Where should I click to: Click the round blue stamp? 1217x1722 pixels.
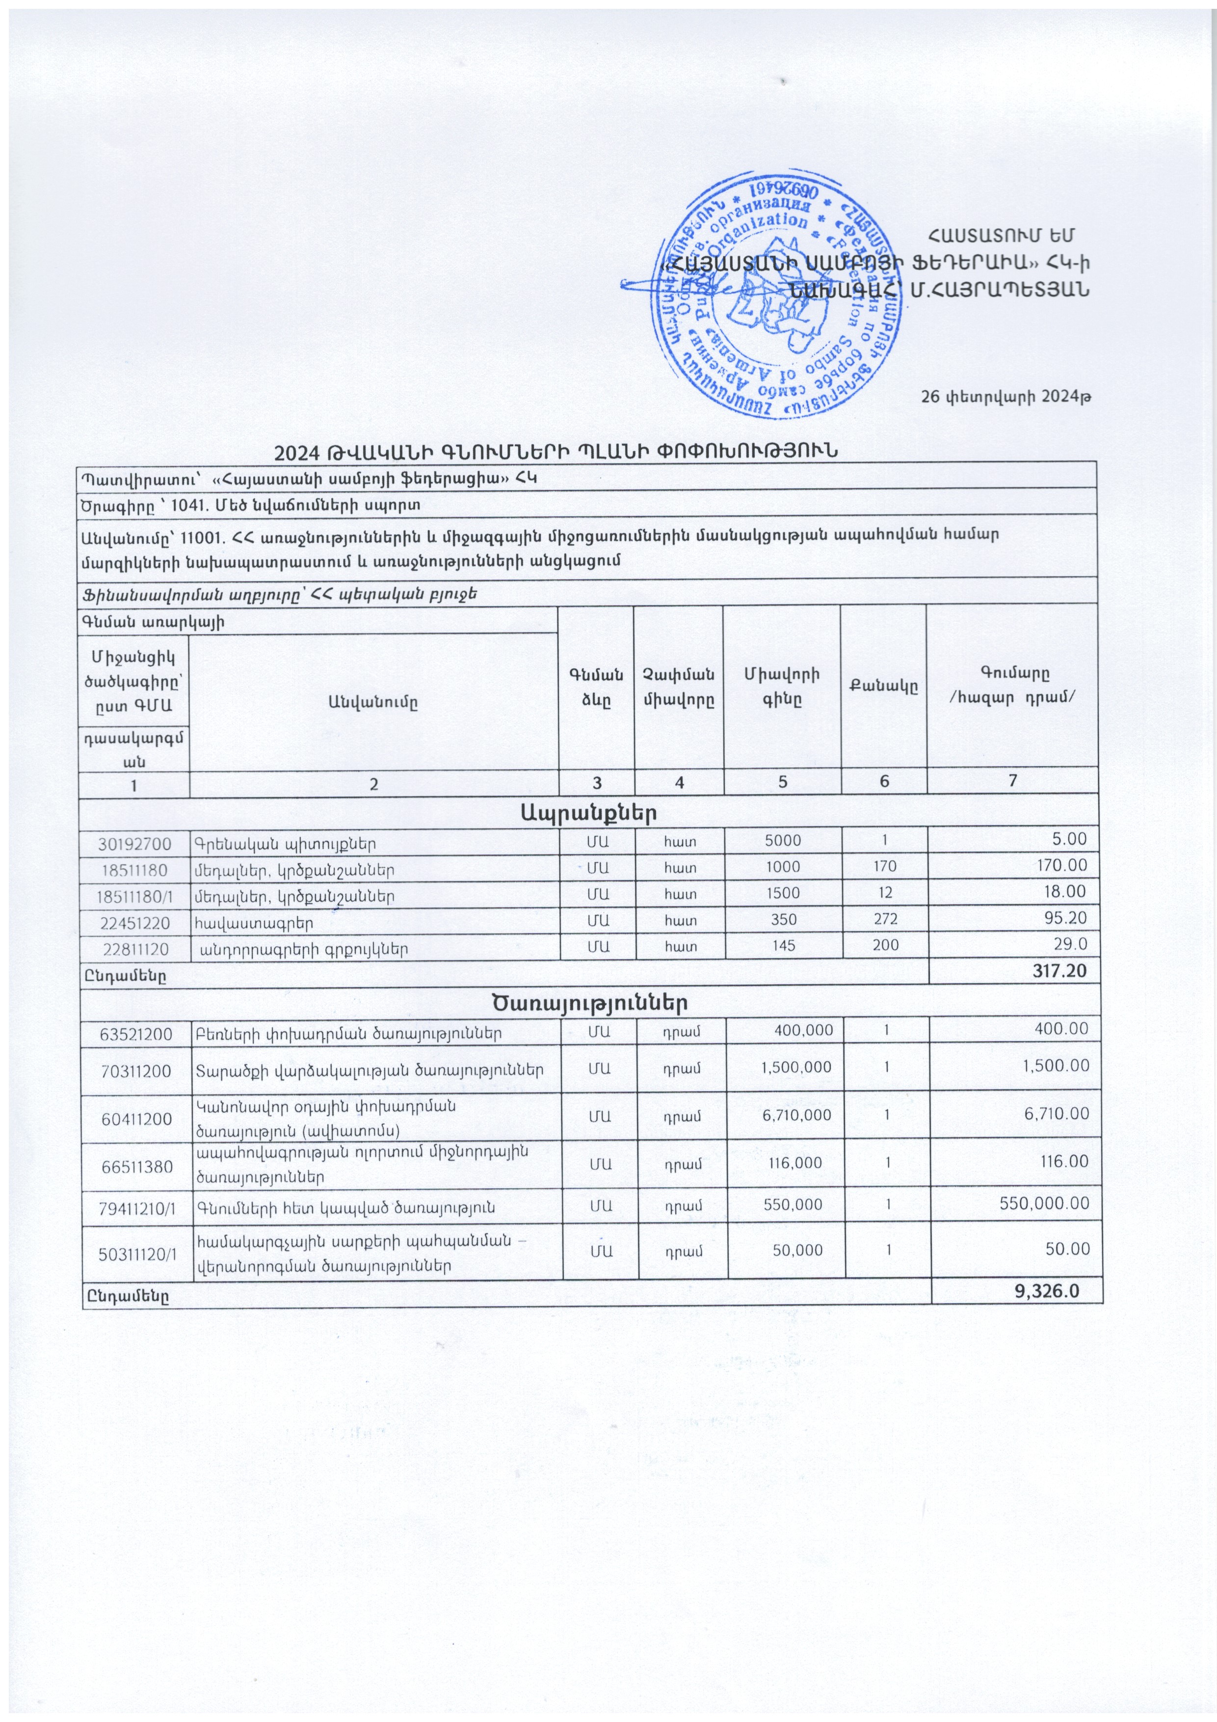click(776, 294)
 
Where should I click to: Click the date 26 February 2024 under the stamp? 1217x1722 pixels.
click(1005, 397)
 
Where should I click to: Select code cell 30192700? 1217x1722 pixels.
click(135, 843)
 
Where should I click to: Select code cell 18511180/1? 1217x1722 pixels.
click(135, 895)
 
